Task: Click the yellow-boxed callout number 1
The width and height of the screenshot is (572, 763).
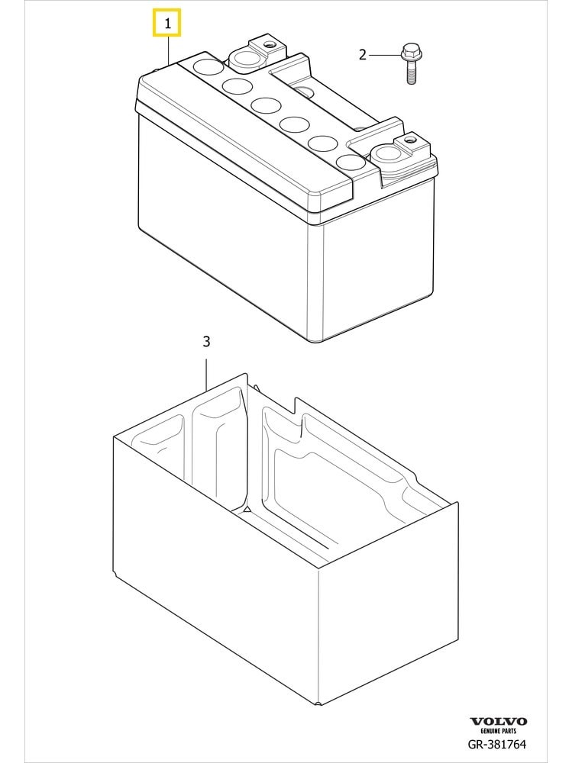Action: [x=167, y=23]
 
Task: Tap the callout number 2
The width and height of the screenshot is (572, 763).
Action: [x=362, y=54]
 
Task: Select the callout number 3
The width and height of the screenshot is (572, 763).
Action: [x=206, y=342]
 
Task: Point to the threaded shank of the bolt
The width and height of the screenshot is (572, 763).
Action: [x=411, y=72]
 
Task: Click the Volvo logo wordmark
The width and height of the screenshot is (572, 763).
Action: [x=498, y=722]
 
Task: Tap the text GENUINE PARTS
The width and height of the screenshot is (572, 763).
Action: [x=498, y=731]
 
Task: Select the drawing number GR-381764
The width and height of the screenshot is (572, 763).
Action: [x=497, y=744]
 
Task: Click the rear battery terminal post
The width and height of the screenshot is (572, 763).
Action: [x=246, y=59]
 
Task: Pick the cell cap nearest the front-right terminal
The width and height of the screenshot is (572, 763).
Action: [x=351, y=163]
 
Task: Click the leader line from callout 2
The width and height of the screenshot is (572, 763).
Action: [x=384, y=55]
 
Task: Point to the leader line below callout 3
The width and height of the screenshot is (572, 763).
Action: [x=207, y=375]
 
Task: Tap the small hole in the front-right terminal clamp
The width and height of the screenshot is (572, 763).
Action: [x=409, y=140]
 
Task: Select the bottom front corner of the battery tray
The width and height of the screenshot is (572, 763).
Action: [x=318, y=703]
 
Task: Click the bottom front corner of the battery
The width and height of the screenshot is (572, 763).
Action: [x=317, y=342]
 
